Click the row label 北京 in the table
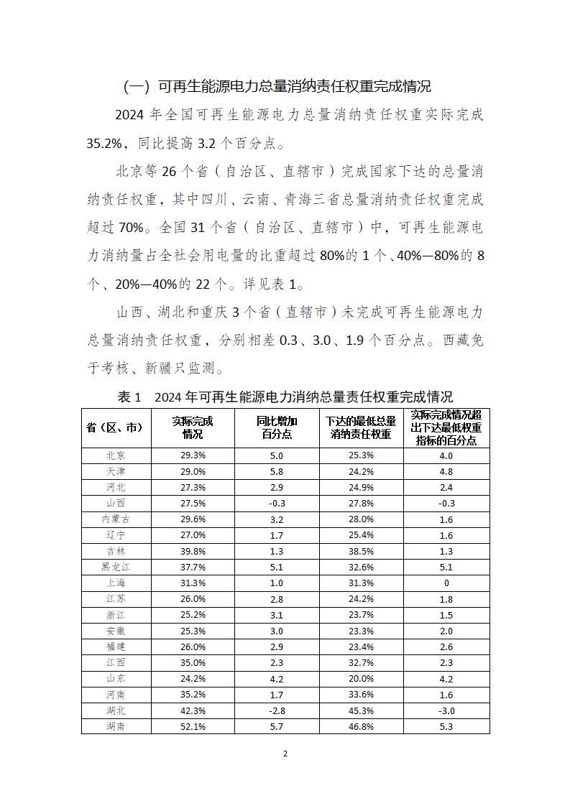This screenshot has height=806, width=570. (x=116, y=455)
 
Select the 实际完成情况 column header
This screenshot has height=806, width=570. (x=193, y=427)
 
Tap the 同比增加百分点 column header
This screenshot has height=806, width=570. (x=277, y=427)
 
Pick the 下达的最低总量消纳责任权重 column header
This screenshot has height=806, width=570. (x=361, y=427)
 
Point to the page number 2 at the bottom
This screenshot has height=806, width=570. (x=285, y=754)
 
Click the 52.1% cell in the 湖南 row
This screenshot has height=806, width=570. (x=193, y=726)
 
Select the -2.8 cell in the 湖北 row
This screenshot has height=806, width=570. (x=277, y=710)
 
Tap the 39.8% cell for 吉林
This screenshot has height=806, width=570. (x=193, y=551)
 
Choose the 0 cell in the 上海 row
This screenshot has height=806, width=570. (x=446, y=583)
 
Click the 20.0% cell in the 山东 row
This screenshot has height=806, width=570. (x=361, y=678)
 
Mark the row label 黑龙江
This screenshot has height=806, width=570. (x=116, y=567)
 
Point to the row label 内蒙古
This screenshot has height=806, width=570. (x=116, y=519)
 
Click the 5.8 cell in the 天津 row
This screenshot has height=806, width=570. (x=277, y=471)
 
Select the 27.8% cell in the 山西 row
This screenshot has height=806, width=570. (x=361, y=503)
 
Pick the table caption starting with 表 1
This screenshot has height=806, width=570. (x=285, y=397)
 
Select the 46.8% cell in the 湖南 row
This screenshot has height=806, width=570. (x=361, y=726)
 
